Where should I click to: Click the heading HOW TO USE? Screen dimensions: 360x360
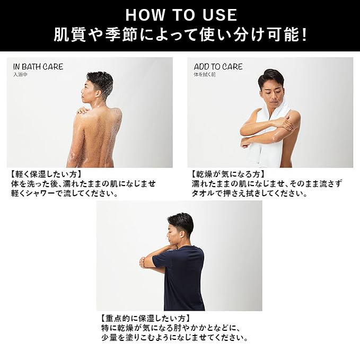[x=181, y=15]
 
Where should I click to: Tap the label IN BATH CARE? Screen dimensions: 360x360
[x=38, y=67]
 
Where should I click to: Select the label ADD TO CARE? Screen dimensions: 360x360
[x=218, y=67]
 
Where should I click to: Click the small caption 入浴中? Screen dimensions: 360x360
[x=20, y=75]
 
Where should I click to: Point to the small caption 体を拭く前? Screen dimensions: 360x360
[x=205, y=75]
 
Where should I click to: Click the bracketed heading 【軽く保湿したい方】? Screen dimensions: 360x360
[x=46, y=174]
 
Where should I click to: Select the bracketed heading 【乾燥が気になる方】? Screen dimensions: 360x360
[x=228, y=174]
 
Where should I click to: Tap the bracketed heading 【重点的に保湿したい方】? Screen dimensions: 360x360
[x=146, y=319]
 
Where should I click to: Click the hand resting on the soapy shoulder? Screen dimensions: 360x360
[x=83, y=111]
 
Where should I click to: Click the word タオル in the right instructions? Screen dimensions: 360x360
[x=204, y=194]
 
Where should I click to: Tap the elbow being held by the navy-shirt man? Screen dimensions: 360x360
[x=143, y=262]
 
